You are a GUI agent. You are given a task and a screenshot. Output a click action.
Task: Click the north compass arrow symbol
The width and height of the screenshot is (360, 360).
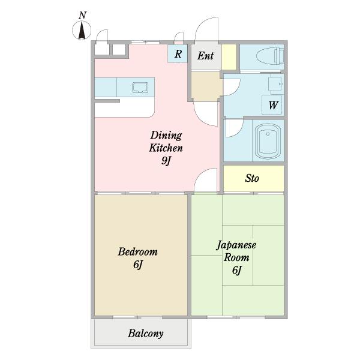coord(82,31)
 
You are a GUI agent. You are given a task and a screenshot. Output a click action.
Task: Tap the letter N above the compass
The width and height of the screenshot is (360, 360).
coord(82,16)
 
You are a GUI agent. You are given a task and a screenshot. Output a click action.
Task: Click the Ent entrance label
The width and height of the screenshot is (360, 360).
coord(205,56)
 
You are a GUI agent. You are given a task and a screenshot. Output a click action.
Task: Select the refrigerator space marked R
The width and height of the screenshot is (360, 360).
coord(178,54)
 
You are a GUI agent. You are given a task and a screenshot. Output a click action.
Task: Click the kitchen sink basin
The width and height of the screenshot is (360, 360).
coord(140,88)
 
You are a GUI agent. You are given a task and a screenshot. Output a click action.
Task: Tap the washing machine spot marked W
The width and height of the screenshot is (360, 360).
coord(273,105)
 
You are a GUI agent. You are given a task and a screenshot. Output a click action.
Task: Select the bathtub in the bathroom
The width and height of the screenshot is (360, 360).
coord(268,142)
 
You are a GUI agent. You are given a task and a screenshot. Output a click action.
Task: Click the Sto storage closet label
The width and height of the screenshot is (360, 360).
coord(252,178)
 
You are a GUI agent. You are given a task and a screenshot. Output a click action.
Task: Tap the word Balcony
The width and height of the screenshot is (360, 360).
coord(146,334)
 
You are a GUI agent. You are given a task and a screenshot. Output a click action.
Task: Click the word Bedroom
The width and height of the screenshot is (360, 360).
coord(138,251)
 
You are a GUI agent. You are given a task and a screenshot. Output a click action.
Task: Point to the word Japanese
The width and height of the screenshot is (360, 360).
coord(236,245)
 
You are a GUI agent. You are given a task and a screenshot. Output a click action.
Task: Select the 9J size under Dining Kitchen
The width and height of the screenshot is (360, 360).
coord(166,160)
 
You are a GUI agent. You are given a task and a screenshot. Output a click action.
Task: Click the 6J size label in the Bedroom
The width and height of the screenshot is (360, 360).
coord(138,264)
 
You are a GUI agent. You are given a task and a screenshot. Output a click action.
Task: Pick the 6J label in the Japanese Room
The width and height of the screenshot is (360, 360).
coord(237,270)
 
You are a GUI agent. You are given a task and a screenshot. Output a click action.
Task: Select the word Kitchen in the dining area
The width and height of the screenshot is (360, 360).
coord(166,148)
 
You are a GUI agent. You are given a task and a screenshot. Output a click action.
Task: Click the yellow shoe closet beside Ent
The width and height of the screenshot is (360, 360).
coord(229,57)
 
